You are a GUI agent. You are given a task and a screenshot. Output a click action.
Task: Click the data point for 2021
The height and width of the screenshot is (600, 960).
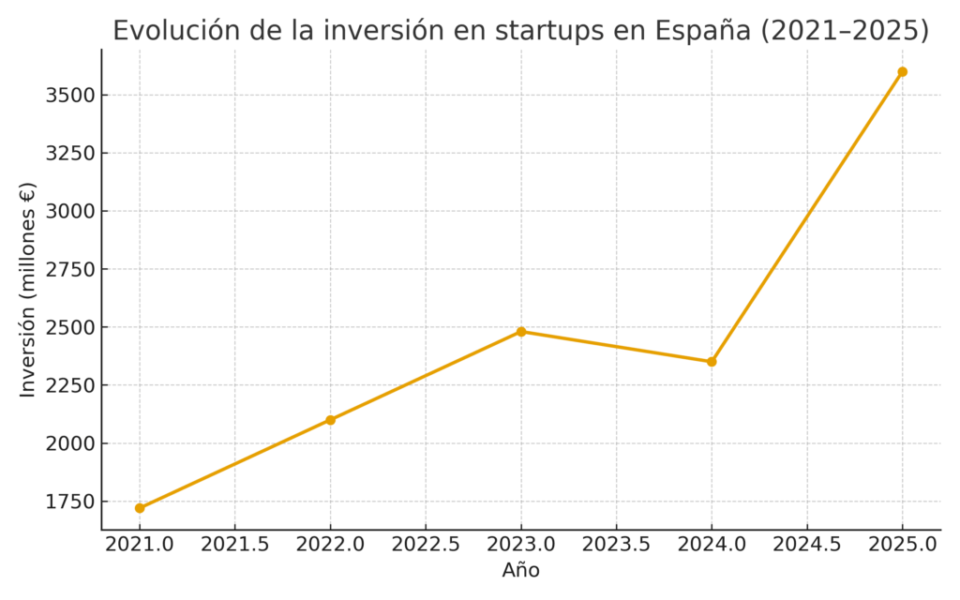click(140, 508)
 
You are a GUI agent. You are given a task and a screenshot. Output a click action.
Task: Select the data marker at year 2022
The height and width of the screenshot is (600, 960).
click(330, 420)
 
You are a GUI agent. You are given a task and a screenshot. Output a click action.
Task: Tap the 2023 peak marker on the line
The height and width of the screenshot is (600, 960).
click(521, 332)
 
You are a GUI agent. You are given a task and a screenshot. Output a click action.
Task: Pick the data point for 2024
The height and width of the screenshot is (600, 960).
click(712, 362)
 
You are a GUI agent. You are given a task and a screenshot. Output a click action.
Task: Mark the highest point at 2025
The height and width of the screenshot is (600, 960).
click(902, 72)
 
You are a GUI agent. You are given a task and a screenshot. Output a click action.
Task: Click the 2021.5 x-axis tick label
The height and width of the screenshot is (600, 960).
click(235, 545)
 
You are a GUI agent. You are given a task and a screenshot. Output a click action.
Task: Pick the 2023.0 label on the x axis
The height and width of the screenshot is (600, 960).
click(521, 545)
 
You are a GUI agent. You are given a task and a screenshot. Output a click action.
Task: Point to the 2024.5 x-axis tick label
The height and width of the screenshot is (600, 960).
click(807, 545)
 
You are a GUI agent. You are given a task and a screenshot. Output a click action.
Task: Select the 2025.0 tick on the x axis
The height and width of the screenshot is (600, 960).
click(902, 545)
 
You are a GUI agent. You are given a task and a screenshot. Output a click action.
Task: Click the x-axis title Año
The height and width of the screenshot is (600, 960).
click(521, 570)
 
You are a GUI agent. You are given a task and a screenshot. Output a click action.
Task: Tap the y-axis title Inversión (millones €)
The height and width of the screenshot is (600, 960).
click(28, 291)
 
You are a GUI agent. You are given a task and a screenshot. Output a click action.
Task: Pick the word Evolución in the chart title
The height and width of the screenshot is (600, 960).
click(170, 31)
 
